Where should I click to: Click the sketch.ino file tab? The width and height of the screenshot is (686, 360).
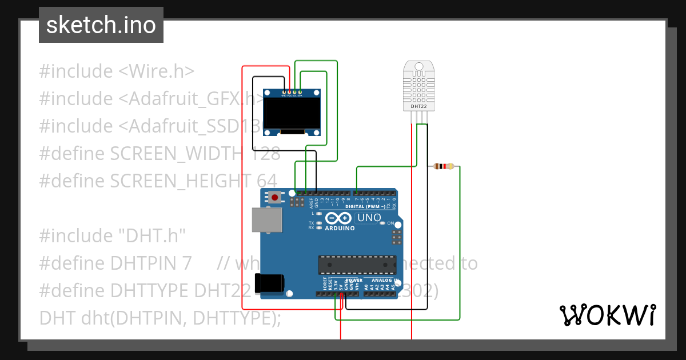pos(101,25)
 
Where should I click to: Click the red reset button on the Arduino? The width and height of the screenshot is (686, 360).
pos(276,198)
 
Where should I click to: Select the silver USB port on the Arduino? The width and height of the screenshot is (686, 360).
pos(267,220)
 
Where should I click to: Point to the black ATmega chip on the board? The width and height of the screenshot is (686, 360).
pos(357,265)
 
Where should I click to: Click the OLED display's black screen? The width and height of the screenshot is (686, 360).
pos(292,112)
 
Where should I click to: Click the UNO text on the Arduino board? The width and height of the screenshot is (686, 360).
pos(369,218)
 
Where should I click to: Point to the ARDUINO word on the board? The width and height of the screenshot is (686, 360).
pos(340,228)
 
